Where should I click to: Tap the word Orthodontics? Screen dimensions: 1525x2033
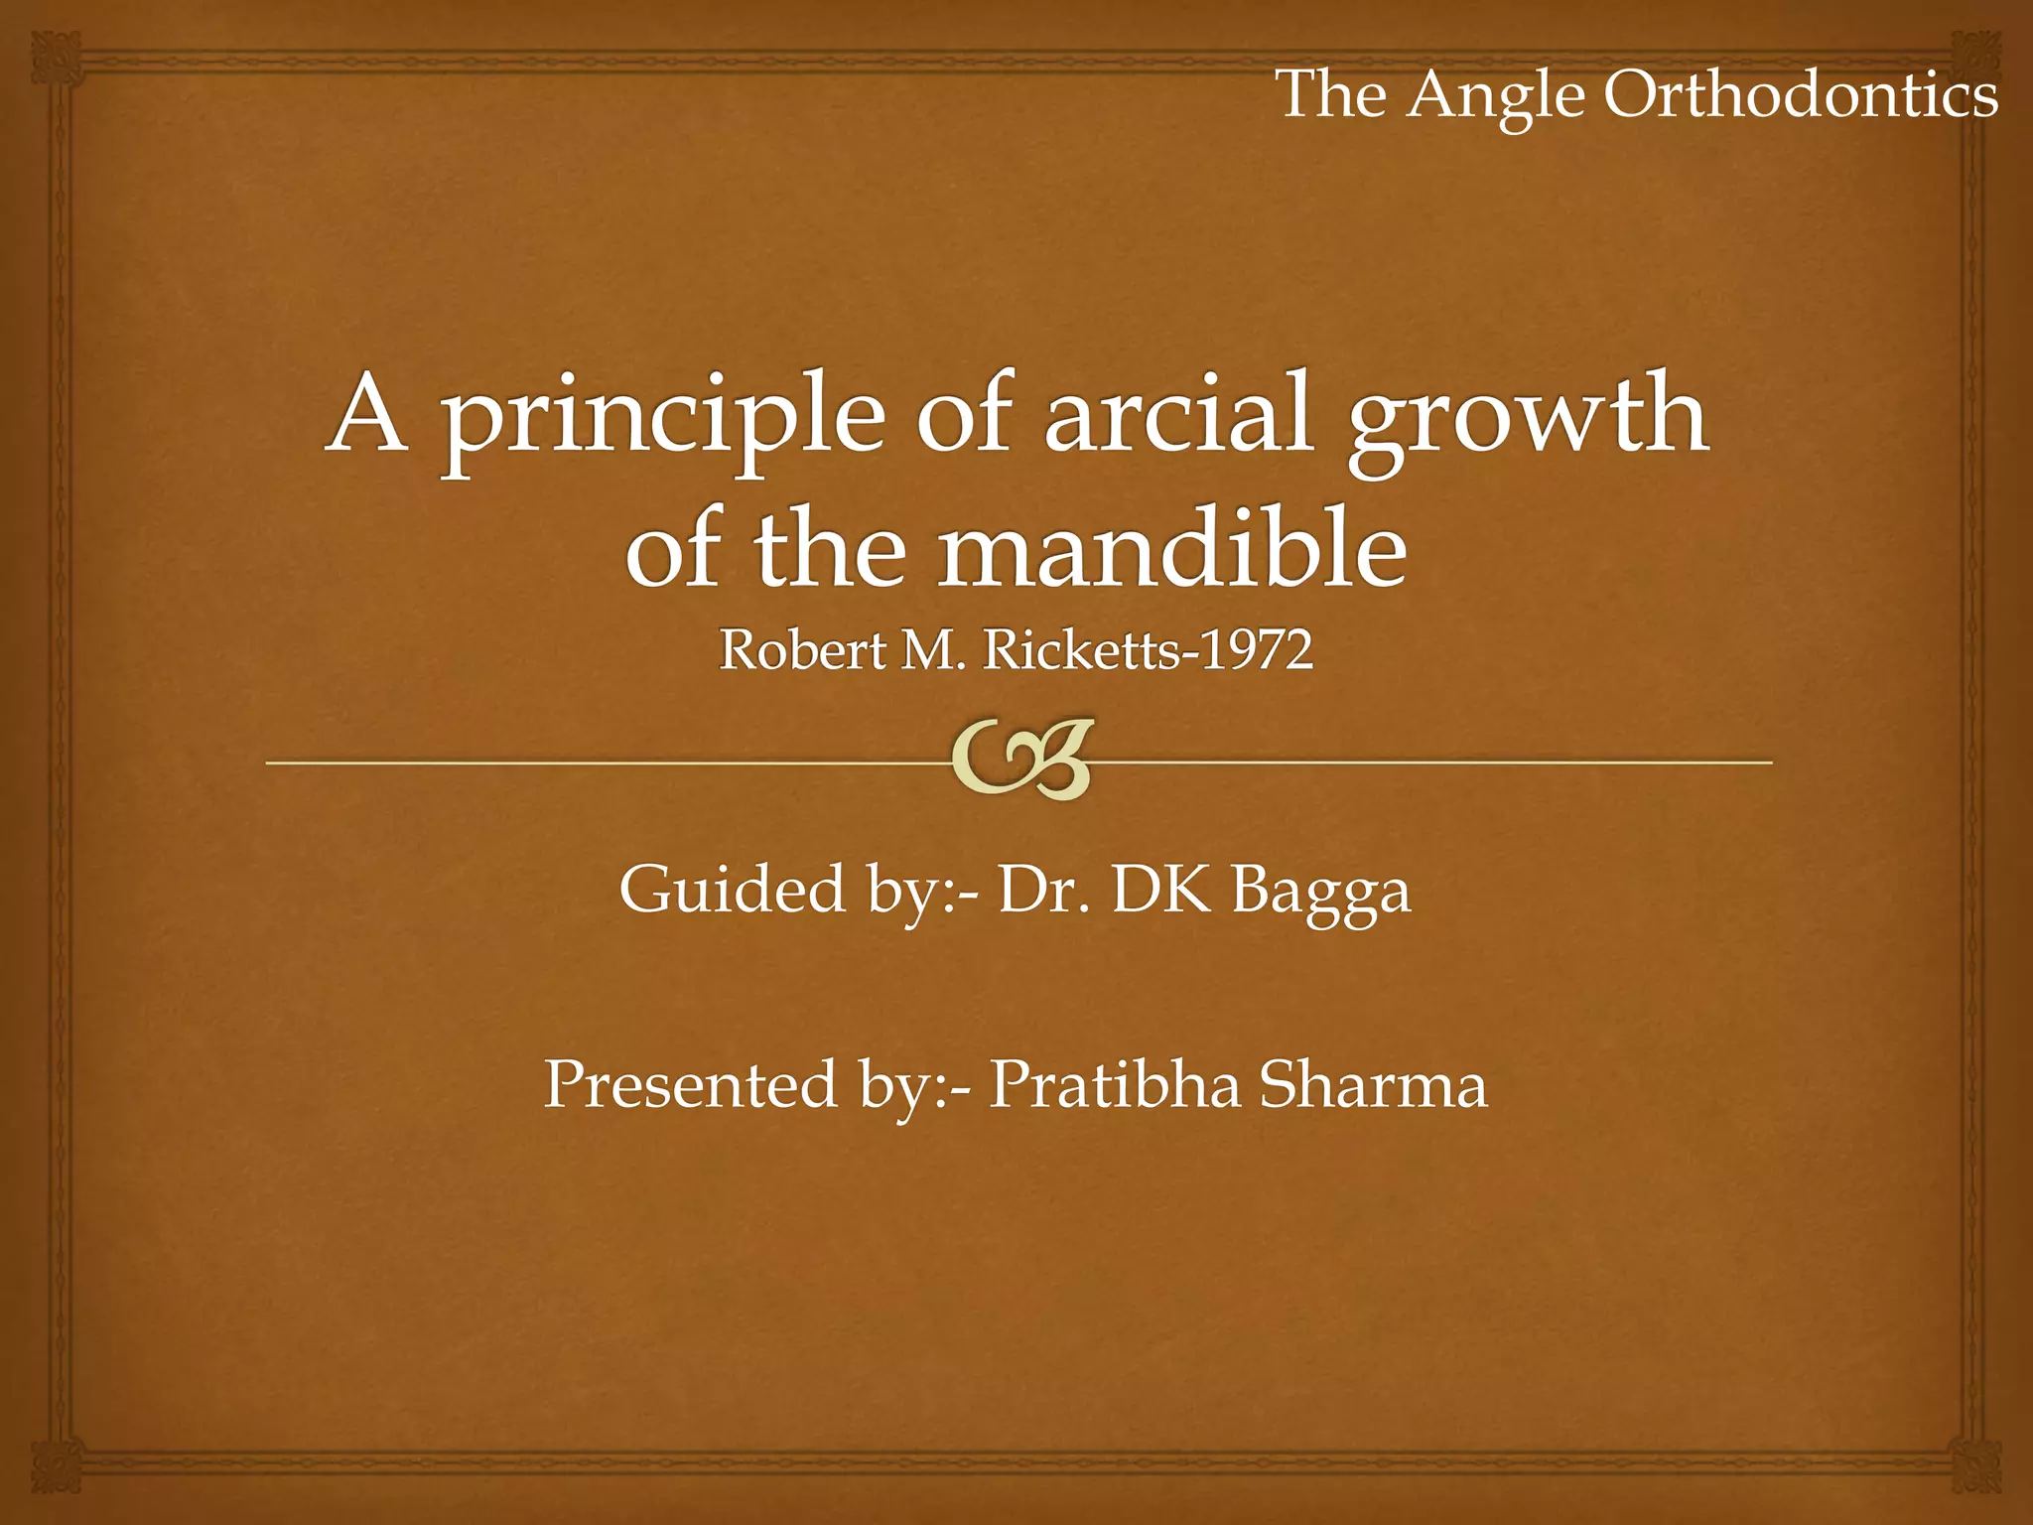pyautogui.click(x=1801, y=95)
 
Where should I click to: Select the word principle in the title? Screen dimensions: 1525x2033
pyautogui.click(x=662, y=417)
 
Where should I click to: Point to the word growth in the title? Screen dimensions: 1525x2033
pyautogui.click(x=1528, y=417)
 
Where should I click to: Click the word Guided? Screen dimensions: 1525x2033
pyautogui.click(x=732, y=890)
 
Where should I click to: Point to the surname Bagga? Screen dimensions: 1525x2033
pyautogui.click(x=1321, y=892)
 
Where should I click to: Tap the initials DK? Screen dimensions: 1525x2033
pyautogui.click(x=1162, y=890)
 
